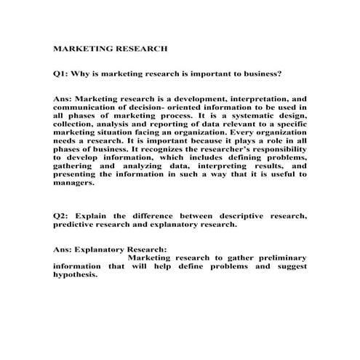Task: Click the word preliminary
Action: (275, 258)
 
